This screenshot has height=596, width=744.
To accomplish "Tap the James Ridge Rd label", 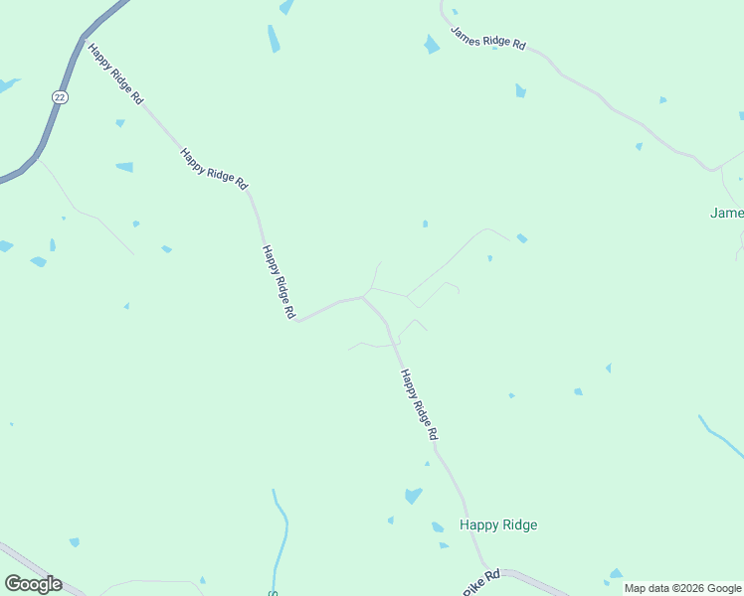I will pos(487,39).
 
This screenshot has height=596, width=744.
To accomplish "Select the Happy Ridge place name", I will pos(498,524).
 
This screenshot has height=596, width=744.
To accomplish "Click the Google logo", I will pos(33,584).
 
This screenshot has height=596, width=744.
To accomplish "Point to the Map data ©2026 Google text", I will pos(683,588).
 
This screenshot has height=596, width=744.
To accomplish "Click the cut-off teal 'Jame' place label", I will pos(726,213).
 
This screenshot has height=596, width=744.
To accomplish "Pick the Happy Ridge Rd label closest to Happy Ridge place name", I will pos(419,405).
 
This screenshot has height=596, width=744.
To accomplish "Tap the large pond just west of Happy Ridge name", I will pos(413,495).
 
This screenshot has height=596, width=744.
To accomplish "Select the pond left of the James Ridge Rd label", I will pos(431,45).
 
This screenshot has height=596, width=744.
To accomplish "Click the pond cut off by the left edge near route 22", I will pos(6,85).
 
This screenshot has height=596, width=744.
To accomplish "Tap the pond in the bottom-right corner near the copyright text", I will pos(616,573).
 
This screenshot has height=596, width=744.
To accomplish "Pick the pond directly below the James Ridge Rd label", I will pos(520,91).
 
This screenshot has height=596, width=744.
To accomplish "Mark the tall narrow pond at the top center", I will pos(274,39).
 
